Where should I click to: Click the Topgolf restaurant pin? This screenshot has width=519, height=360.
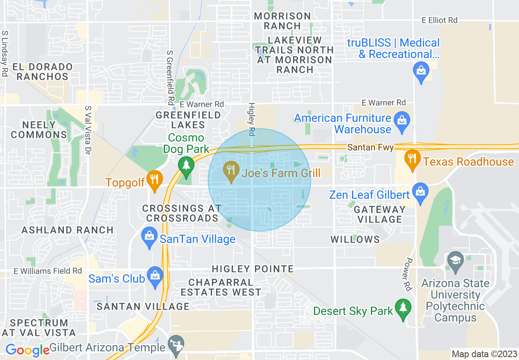click(x=155, y=180)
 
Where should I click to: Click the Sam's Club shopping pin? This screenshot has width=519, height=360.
click(x=155, y=277)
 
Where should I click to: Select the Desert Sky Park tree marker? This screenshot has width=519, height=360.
click(x=403, y=308)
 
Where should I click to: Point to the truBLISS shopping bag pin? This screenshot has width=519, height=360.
click(x=421, y=70)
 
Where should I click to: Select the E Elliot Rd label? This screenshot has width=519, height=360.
click(x=440, y=20)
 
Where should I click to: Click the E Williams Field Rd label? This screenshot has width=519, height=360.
click(x=47, y=271)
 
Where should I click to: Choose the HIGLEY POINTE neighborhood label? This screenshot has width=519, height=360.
click(x=253, y=269)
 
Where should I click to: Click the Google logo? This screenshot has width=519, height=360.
click(x=27, y=350)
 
